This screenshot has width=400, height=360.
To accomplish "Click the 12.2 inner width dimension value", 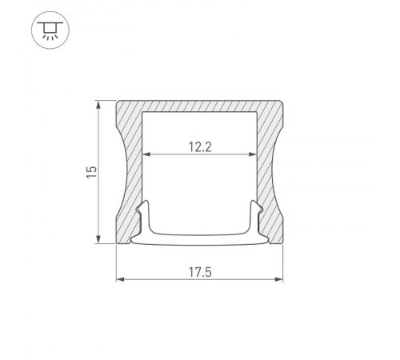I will point(200,145).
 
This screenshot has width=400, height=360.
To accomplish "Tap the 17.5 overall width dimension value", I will point(200,271).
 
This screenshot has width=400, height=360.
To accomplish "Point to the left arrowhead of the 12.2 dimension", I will point(146,154).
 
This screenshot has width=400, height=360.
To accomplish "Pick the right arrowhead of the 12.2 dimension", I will point(255,154).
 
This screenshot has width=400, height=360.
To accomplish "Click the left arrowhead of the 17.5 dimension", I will point(121,279).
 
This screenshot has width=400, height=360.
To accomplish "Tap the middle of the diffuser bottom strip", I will point(200,239).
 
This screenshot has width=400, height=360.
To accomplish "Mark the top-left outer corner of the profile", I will point(118,101).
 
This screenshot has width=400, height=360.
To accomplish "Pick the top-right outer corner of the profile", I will point(283,101).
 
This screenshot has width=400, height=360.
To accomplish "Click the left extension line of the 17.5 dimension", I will point(117,264).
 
